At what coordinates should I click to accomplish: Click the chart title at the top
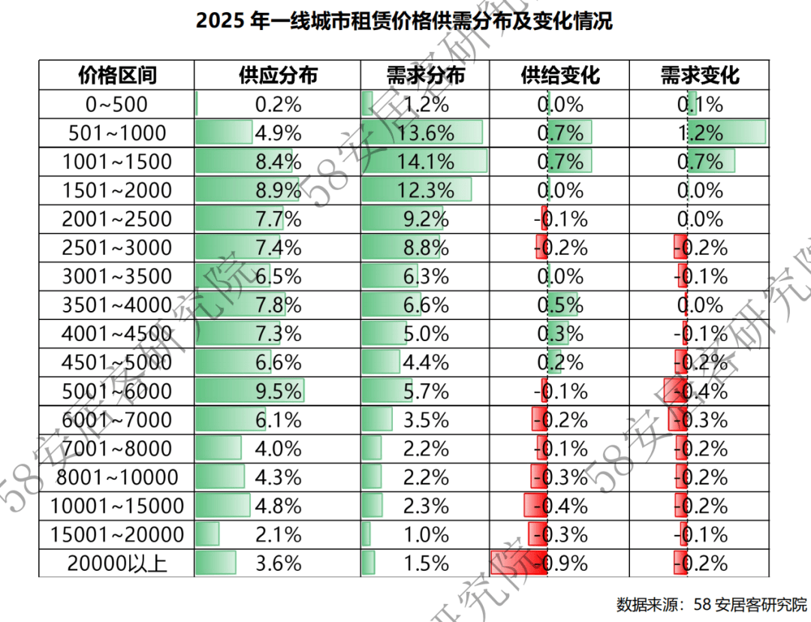point(405,21)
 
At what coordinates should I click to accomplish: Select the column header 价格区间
point(117,75)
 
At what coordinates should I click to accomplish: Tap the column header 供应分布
point(279,75)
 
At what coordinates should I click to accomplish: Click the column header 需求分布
point(426,75)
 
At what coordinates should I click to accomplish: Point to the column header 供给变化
point(560,75)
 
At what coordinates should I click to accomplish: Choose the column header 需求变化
point(700,75)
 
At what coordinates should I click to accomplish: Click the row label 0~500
point(117,104)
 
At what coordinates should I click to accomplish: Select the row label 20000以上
point(117,563)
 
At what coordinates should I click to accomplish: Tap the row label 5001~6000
point(117,391)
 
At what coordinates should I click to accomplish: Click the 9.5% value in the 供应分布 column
point(279,391)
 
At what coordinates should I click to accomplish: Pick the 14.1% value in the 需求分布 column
point(426,162)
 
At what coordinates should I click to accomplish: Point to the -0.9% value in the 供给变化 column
point(560,563)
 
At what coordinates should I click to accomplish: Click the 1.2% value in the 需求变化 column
point(701,133)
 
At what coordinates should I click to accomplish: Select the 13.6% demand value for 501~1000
point(426,133)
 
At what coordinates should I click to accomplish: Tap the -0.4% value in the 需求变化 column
point(701,391)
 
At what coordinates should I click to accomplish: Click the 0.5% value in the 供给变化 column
point(560,305)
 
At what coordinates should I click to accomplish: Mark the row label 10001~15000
point(117,506)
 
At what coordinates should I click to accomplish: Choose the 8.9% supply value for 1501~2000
point(279,190)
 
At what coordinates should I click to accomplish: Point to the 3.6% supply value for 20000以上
point(279,563)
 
